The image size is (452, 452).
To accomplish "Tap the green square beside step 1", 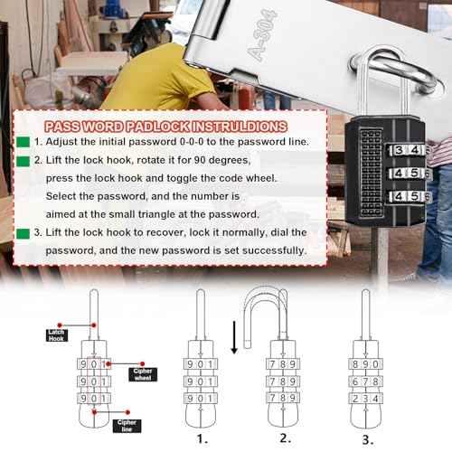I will [x=23, y=143].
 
